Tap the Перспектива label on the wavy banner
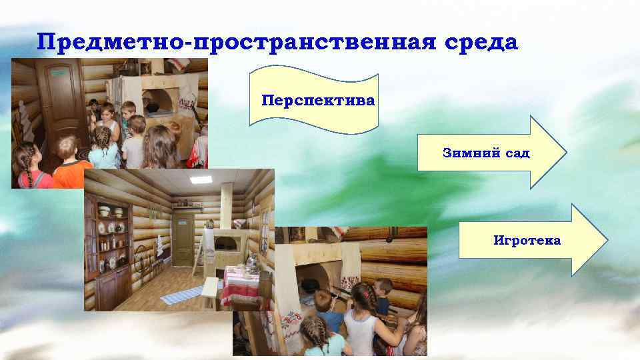319,101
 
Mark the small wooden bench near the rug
211,291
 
